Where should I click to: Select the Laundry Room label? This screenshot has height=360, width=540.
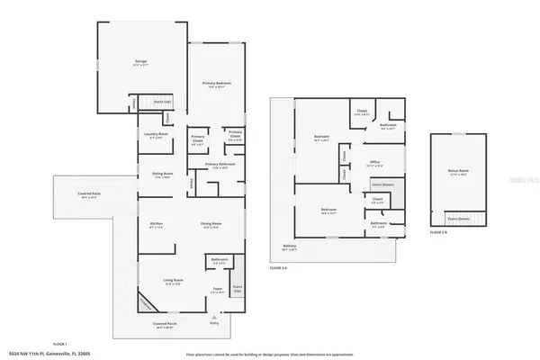pyautogui.click(x=157, y=134)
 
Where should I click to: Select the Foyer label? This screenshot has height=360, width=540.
pyautogui.click(x=216, y=289)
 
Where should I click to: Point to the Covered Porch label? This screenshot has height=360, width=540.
pyautogui.click(x=164, y=326)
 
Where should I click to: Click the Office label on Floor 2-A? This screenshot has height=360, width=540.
pyautogui.click(x=374, y=164)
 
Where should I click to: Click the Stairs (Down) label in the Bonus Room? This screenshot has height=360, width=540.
pyautogui.click(x=459, y=218)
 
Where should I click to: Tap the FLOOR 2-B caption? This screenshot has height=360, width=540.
pyautogui.click(x=437, y=233)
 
